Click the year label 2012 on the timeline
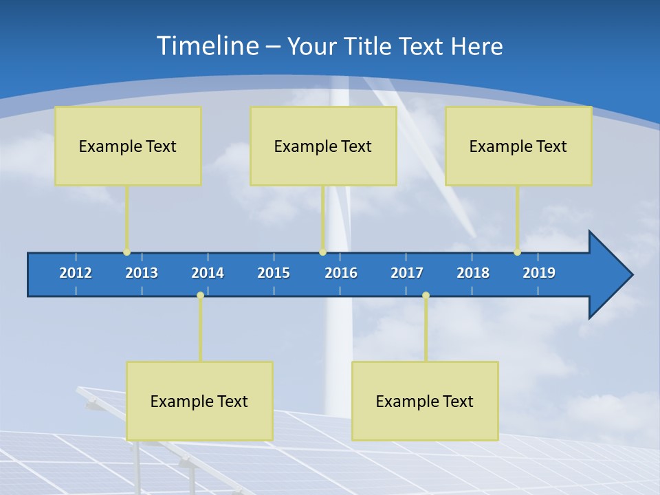[76, 273]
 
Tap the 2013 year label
[142, 273]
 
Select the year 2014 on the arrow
[208, 273]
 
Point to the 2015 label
[274, 273]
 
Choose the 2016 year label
[341, 273]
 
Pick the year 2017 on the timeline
[407, 273]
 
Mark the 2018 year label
[473, 273]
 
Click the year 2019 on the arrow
[539, 273]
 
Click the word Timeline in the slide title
[207, 46]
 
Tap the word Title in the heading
[370, 47]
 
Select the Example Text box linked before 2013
[128, 146]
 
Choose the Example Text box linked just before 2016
[323, 146]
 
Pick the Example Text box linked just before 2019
[518, 146]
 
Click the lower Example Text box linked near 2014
[199, 401]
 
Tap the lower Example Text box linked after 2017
[425, 401]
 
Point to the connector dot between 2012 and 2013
[126, 252]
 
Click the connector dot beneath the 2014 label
[200, 296]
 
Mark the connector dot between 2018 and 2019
[517, 252]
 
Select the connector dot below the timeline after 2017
[426, 296]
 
